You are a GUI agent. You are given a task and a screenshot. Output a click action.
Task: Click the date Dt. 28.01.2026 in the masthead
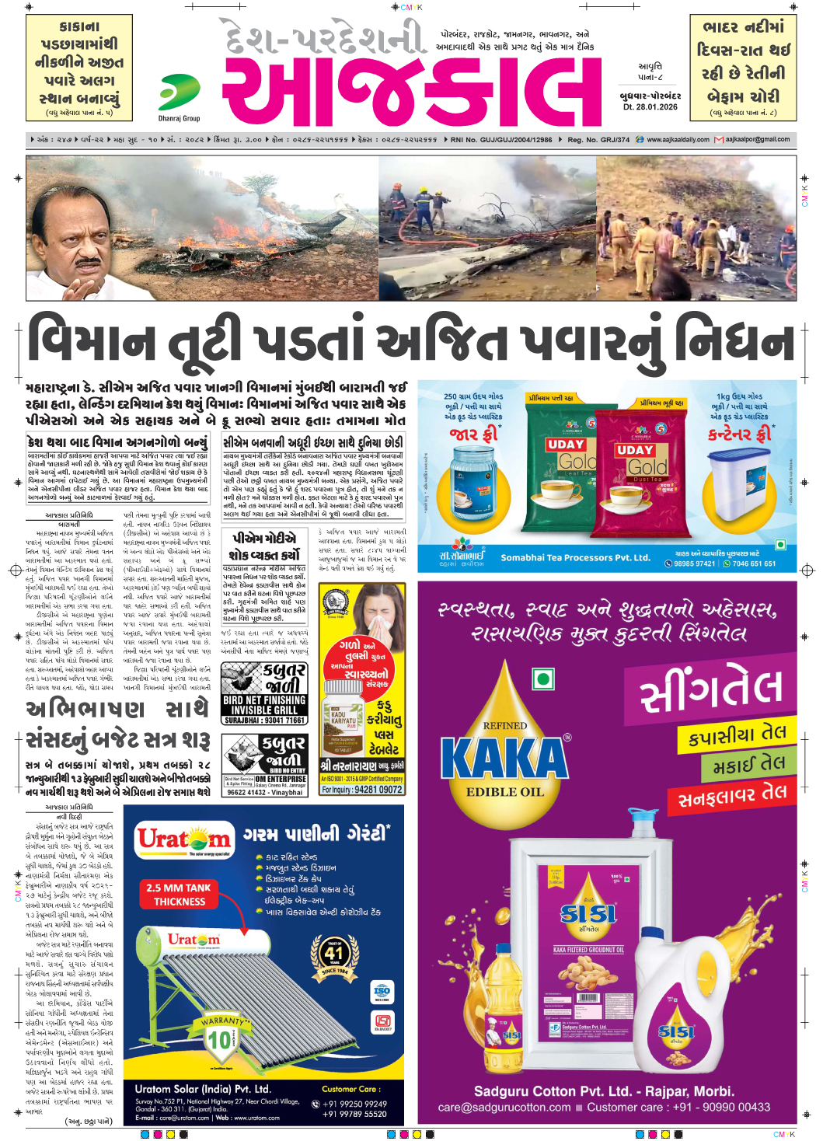(650, 106)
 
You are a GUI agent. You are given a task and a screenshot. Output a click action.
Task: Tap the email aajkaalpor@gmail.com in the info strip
(757, 140)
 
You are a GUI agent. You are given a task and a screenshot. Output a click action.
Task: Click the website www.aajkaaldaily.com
(678, 140)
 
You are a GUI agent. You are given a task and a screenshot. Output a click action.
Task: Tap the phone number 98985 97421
(694, 564)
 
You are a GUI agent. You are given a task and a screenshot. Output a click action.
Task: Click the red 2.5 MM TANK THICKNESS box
(180, 895)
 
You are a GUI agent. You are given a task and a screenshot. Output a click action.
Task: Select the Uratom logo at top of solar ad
(184, 840)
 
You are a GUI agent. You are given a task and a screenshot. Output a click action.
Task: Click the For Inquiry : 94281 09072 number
(362, 789)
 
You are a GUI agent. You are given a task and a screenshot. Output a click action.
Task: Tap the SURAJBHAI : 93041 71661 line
(264, 721)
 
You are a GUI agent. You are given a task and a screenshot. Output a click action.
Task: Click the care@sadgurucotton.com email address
(504, 1107)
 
